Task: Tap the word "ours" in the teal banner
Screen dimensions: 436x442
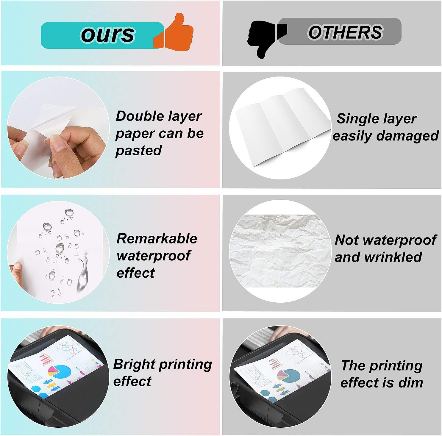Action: pos(107,34)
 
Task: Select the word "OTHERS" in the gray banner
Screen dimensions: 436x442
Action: pos(345,32)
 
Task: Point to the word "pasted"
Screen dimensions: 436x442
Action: pos(138,150)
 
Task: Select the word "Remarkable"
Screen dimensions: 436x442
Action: pos(157,239)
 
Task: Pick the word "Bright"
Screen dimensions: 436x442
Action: pos(134,364)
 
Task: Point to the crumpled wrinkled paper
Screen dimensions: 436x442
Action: pos(280,251)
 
